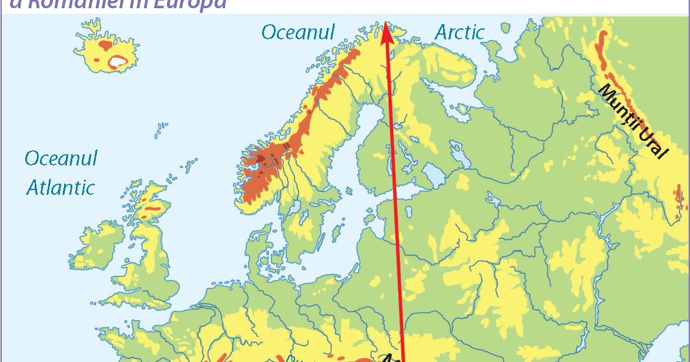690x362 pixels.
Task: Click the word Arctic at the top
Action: tap(460, 33)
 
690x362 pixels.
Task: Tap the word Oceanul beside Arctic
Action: tap(298, 32)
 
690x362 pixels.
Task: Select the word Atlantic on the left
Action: tap(61, 188)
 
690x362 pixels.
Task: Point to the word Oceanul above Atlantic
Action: tap(61, 158)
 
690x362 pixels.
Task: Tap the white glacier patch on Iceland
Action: tap(118, 60)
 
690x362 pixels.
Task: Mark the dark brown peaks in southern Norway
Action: tap(261, 158)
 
